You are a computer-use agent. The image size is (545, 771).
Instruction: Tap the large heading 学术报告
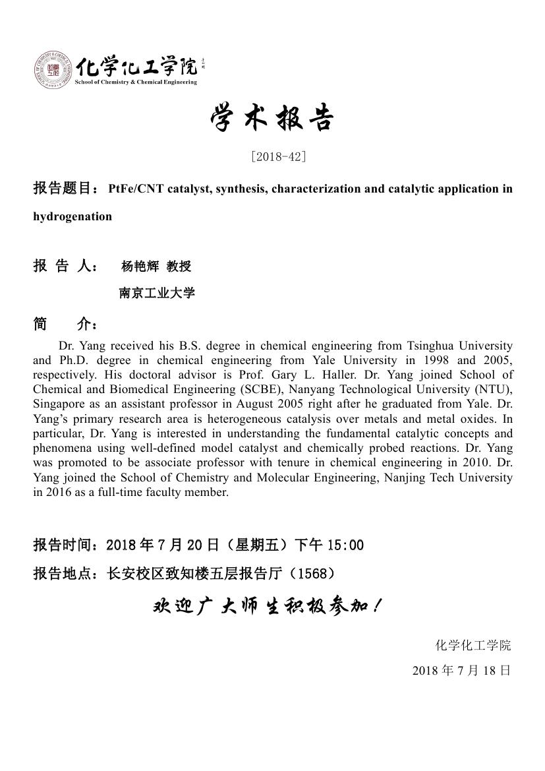coord(272,119)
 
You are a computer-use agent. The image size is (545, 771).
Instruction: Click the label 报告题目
coord(65,189)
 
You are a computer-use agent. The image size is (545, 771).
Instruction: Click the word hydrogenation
coord(72,216)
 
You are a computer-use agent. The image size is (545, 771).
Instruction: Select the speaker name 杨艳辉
coord(140,266)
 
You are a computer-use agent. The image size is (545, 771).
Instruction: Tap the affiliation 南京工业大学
coord(157,293)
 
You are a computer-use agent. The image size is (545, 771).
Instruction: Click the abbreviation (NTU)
coord(495,389)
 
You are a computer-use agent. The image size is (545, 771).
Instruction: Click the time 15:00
coord(345,545)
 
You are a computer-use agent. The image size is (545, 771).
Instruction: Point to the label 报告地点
coord(65,574)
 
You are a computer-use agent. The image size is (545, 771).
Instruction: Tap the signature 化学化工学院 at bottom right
coord(473,645)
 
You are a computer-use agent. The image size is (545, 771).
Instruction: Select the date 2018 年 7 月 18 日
coord(461,671)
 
